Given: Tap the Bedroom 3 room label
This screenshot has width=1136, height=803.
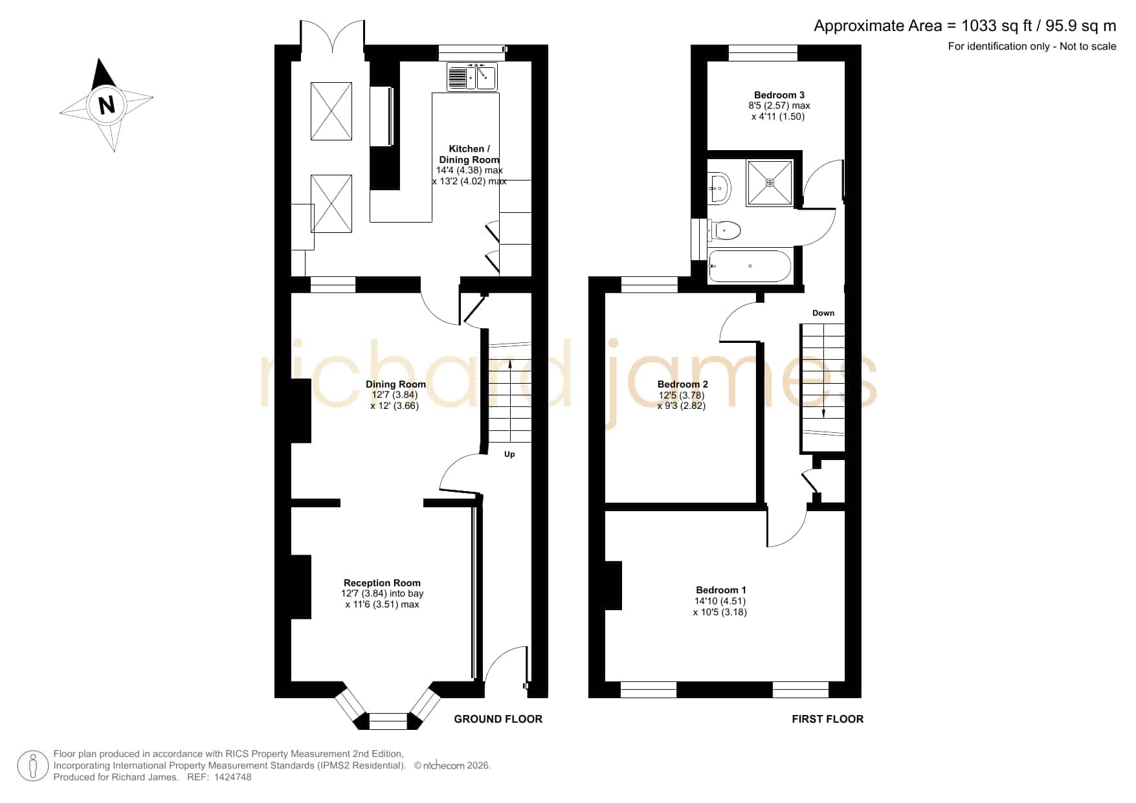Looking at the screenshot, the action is point(779,95).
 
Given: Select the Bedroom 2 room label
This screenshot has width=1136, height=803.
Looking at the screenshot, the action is point(682,384).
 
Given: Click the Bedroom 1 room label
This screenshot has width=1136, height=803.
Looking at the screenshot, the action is point(721,590).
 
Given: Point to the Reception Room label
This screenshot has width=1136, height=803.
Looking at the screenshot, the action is point(382,583).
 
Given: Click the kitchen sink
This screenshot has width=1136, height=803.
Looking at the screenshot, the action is point(472,77).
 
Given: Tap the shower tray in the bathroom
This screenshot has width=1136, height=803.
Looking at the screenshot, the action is point(770,183).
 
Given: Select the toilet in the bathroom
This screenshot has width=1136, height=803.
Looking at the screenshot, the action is point(724,230).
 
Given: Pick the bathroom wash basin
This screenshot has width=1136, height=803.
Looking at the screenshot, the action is point(719,188).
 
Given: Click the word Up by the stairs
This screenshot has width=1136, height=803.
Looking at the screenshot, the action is point(509,454).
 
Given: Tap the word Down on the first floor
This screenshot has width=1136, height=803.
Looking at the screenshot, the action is point(823,313).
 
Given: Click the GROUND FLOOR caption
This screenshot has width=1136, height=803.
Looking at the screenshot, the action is point(498,719).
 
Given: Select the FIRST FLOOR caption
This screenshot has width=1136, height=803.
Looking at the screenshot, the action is point(827,719).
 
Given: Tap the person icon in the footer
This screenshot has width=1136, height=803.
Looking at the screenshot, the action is point(32,766).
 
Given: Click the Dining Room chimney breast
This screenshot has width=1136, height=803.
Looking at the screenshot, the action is point(301,411).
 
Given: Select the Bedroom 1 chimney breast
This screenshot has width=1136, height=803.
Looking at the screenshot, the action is point(613,586).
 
